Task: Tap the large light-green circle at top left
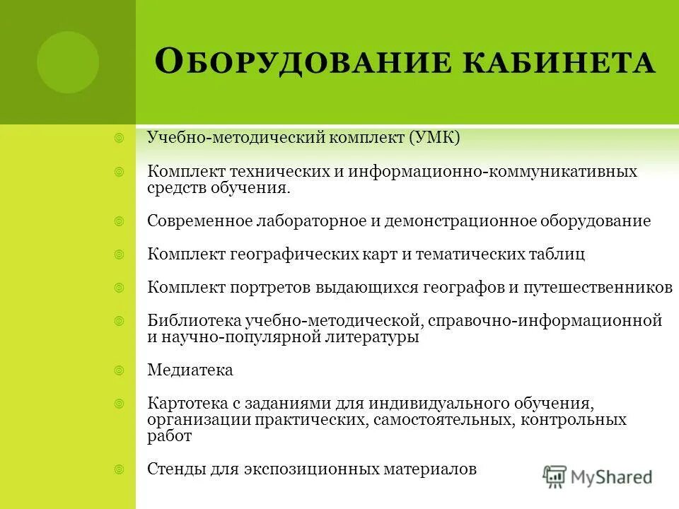(x=68, y=62)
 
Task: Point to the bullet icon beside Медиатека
(x=120, y=369)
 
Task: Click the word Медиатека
(x=190, y=370)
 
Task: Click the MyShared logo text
(x=612, y=476)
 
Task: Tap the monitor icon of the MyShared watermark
(x=556, y=476)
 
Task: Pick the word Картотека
(x=187, y=403)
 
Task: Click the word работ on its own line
(x=169, y=436)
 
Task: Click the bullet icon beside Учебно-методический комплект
(x=120, y=137)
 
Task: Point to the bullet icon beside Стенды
(x=120, y=468)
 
